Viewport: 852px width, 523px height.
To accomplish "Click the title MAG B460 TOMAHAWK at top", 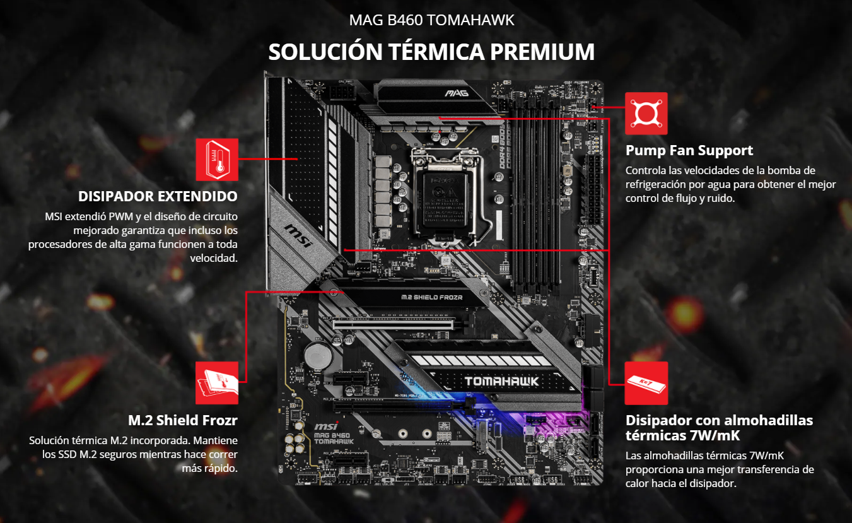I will click(431, 20).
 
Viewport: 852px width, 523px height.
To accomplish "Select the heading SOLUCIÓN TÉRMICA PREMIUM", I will click(431, 52).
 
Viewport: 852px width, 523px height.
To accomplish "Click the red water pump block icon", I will click(646, 114).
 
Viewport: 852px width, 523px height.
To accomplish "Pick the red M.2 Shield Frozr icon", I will click(217, 383).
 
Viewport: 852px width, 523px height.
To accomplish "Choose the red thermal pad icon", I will click(646, 383).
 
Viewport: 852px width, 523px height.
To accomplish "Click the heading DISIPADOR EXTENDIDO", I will click(158, 196).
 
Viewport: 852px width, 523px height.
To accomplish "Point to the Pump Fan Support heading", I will click(689, 151).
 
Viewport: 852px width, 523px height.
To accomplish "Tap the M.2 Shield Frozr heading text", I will click(183, 420).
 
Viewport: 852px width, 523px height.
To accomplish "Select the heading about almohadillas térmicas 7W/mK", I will click(719, 428).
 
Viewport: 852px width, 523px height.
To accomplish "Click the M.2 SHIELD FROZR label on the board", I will click(431, 297).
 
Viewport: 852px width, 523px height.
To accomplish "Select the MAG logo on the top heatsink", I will click(454, 94).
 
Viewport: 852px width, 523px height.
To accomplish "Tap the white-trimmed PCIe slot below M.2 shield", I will click(393, 322).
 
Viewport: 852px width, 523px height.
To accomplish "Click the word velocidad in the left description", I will click(213, 257).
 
